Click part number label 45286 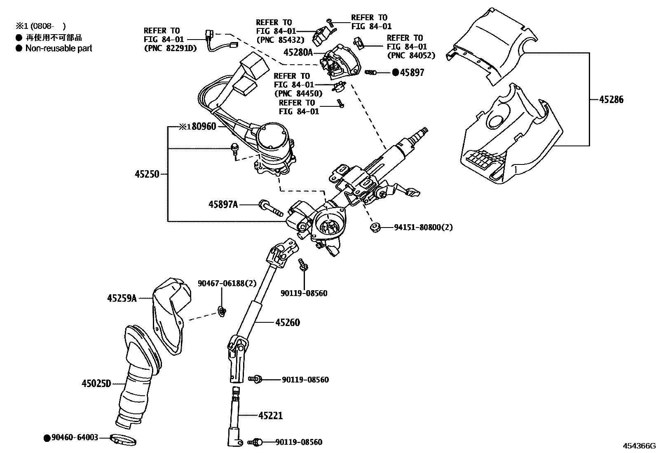pyautogui.click(x=611, y=100)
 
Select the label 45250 pyautogui.click(x=147, y=174)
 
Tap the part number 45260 pyautogui.click(x=288, y=322)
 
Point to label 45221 pyautogui.click(x=270, y=415)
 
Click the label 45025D pyautogui.click(x=96, y=384)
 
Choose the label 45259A pyautogui.click(x=122, y=298)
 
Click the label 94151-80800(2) pyautogui.click(x=423, y=227)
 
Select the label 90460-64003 pyautogui.click(x=75, y=437)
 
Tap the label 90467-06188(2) pyautogui.click(x=227, y=283)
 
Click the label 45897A pyautogui.click(x=223, y=204)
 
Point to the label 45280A pyautogui.click(x=298, y=52)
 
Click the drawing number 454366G pyautogui.click(x=638, y=446)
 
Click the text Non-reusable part pyautogui.click(x=59, y=48)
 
